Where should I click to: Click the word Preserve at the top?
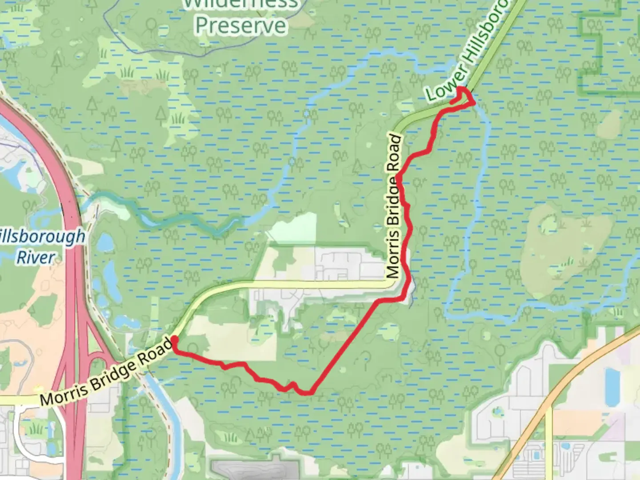[x=241, y=25]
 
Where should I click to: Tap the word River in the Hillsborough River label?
[x=36, y=257]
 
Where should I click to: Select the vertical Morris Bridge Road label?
[x=394, y=206]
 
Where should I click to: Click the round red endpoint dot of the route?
[x=175, y=340]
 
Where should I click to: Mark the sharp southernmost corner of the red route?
[x=308, y=392]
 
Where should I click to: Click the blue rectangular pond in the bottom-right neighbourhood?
[x=613, y=382]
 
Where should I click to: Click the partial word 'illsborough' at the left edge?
[x=42, y=237]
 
